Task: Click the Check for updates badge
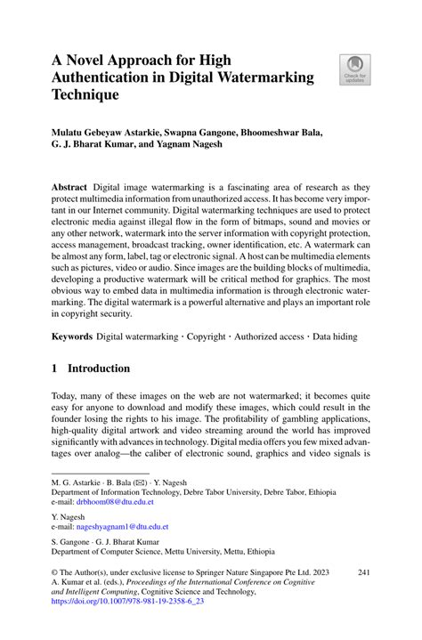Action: click(x=354, y=69)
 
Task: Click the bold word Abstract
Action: click(x=69, y=188)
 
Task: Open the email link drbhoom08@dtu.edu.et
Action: click(x=114, y=502)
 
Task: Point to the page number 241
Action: click(x=363, y=571)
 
